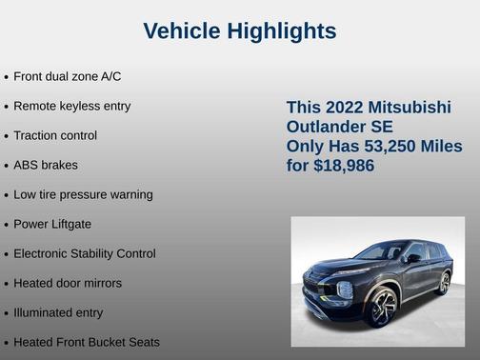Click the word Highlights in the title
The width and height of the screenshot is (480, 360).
(281, 31)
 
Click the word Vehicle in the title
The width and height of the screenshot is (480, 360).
(183, 31)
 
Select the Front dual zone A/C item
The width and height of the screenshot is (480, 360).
(67, 76)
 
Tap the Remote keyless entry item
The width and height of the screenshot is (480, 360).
(71, 106)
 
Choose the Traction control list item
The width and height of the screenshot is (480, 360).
(55, 135)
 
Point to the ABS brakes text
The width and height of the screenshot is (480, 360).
(46, 165)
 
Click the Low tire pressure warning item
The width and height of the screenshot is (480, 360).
(83, 194)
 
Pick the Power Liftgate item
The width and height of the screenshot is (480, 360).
(52, 224)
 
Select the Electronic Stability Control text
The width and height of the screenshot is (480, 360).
(85, 253)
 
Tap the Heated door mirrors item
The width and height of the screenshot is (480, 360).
(68, 283)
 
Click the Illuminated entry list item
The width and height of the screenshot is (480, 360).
(58, 312)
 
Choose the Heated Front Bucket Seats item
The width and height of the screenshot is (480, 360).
(87, 342)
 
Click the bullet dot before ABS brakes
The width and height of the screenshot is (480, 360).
(7, 166)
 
